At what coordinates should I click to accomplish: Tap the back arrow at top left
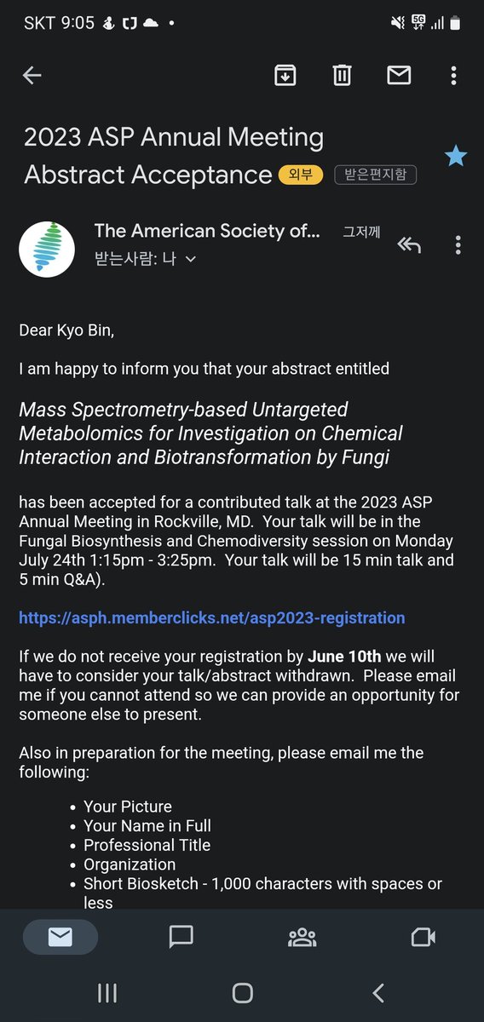point(32,75)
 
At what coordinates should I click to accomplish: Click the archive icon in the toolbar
point(285,75)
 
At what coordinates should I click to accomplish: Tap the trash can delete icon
point(342,75)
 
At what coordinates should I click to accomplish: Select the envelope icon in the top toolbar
point(399,75)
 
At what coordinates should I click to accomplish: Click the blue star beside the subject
point(456,156)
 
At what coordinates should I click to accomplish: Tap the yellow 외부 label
point(300,175)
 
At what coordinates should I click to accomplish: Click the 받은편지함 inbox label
point(375,175)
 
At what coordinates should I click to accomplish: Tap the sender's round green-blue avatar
point(47,248)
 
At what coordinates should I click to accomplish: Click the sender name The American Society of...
point(207,231)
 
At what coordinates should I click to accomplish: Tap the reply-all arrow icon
point(409,245)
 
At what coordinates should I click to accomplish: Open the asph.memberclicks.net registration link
point(212,617)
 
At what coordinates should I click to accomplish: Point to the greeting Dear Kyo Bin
point(66,330)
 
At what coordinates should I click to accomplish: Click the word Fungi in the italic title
point(364,457)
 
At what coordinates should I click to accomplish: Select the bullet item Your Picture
point(128,807)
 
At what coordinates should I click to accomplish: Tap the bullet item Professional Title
point(147,845)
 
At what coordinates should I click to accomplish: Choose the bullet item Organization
point(130,864)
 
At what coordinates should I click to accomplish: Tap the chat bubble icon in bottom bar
point(181,938)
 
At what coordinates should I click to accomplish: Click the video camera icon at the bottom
point(423,938)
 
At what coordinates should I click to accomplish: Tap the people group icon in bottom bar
point(302,938)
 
